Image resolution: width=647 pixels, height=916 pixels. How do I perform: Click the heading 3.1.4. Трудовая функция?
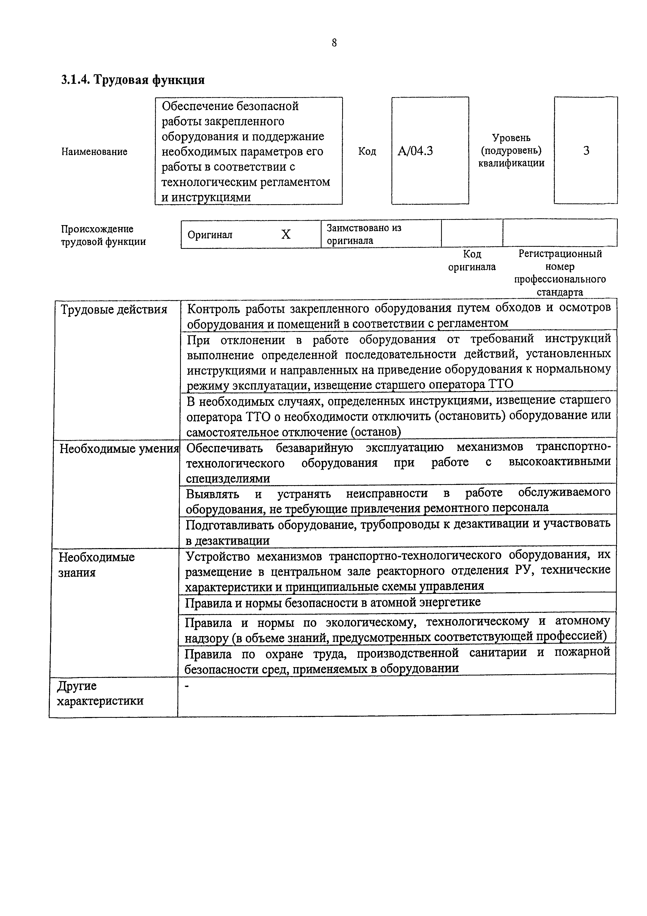[x=133, y=80]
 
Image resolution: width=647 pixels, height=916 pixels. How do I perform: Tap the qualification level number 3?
[x=586, y=151]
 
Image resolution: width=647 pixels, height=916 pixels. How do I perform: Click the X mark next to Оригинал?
[x=286, y=234]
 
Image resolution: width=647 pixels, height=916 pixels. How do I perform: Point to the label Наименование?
[x=94, y=152]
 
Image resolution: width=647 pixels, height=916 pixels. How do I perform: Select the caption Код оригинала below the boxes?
[x=472, y=260]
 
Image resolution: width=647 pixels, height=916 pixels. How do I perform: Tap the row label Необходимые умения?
[x=119, y=449]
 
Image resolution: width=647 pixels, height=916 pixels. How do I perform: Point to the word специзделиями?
[x=228, y=478]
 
